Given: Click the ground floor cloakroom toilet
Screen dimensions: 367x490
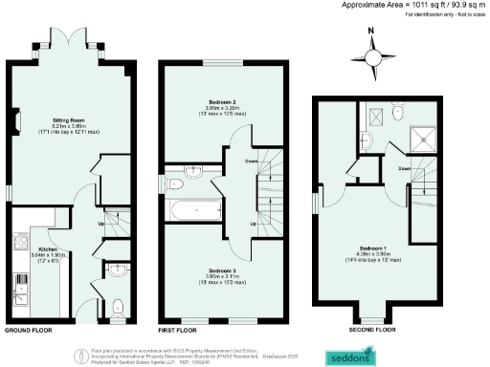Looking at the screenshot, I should coord(117,308).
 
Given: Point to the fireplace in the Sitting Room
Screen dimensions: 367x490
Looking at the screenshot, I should coord(16,121).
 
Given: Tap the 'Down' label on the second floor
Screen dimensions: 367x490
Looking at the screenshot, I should coord(404,167).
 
